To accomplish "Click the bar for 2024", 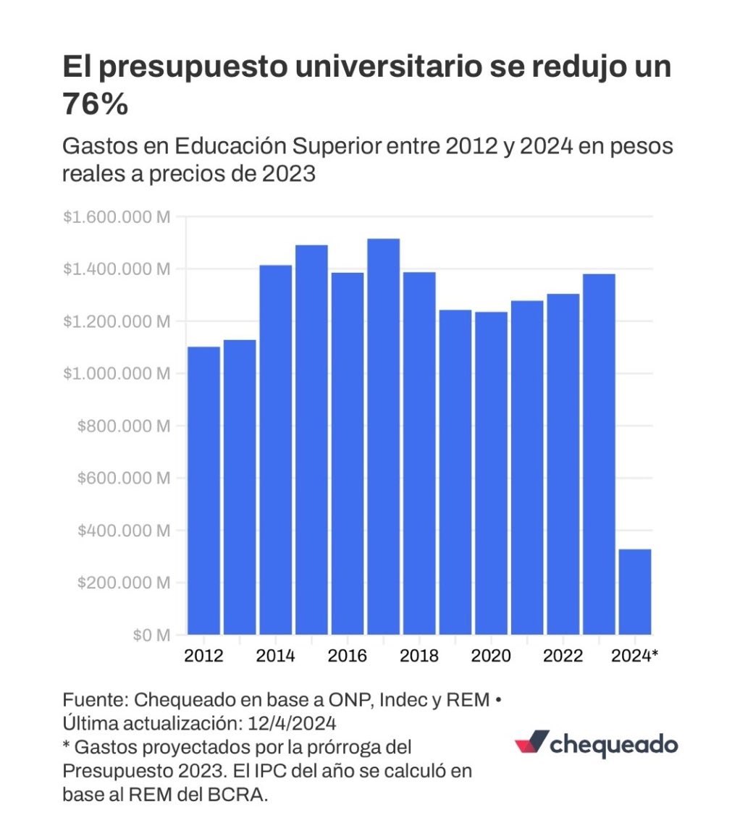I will point(634,591).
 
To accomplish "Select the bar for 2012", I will point(203,491).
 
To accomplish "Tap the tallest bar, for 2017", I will point(383,436).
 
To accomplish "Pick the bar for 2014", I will point(275,450).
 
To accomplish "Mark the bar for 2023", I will point(599,454).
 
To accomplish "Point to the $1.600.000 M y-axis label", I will point(116,216).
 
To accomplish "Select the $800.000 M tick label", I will point(123,426).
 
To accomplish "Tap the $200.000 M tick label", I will point(123,583).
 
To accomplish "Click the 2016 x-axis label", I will point(347,656).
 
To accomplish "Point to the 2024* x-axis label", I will point(635,656).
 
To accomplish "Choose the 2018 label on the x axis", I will point(419,656).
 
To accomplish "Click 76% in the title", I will point(95,105).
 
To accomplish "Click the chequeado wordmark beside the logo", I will point(614,745).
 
